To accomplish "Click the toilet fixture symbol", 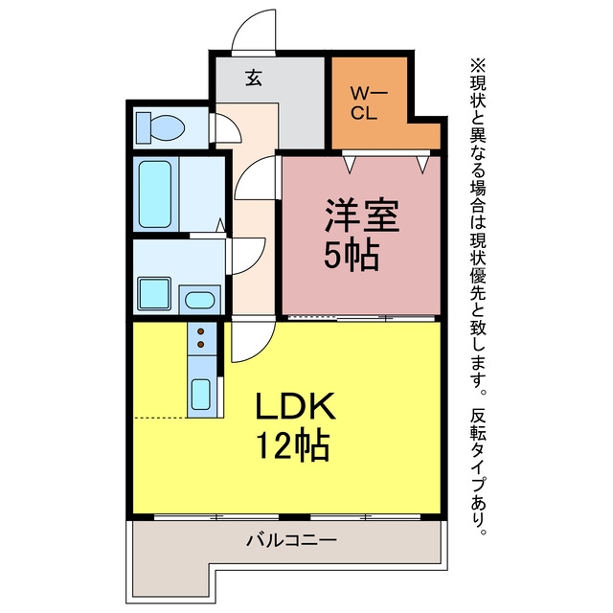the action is click(x=160, y=127).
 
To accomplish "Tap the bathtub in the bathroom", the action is click(x=155, y=194).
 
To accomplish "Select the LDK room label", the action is click(x=295, y=405).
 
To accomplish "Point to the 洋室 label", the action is click(x=361, y=216).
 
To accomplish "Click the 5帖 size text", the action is click(x=352, y=255).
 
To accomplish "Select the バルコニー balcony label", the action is click(x=291, y=540).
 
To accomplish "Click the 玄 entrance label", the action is click(x=254, y=79).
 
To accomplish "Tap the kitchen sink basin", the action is click(x=201, y=395).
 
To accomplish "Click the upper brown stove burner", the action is click(x=201, y=331).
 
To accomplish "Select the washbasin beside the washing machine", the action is click(x=200, y=300).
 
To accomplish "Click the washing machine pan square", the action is click(x=154, y=294).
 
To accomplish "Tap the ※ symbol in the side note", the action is click(x=478, y=65).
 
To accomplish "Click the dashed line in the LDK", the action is click(x=160, y=418).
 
